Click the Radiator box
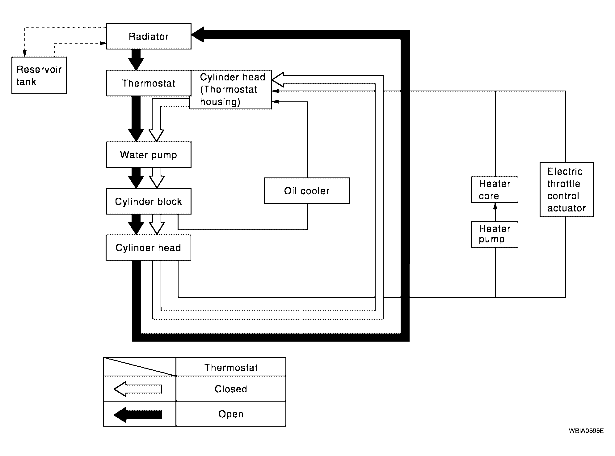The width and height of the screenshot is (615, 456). (x=149, y=36)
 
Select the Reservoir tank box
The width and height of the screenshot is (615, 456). (x=39, y=75)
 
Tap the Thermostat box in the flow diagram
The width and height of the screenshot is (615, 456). (x=149, y=83)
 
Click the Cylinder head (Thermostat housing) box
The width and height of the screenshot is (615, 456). (x=230, y=89)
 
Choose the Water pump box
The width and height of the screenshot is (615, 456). (x=149, y=155)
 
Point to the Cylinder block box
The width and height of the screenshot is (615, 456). (x=149, y=201)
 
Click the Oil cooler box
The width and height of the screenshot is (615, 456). (x=307, y=190)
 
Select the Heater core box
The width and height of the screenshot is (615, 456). (x=495, y=190)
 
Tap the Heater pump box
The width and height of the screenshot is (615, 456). (x=495, y=234)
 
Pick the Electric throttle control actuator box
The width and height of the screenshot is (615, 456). (x=567, y=190)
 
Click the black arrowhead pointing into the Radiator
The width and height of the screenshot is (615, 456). (x=198, y=35)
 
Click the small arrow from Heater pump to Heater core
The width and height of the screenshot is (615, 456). (x=495, y=212)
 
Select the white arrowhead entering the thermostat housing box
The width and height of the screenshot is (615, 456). (x=278, y=79)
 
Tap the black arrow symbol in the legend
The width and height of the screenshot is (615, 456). (x=138, y=415)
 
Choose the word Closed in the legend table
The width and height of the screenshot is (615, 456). (x=231, y=389)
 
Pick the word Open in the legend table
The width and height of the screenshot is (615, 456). (x=231, y=414)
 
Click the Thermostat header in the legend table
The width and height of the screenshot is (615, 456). (x=231, y=367)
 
